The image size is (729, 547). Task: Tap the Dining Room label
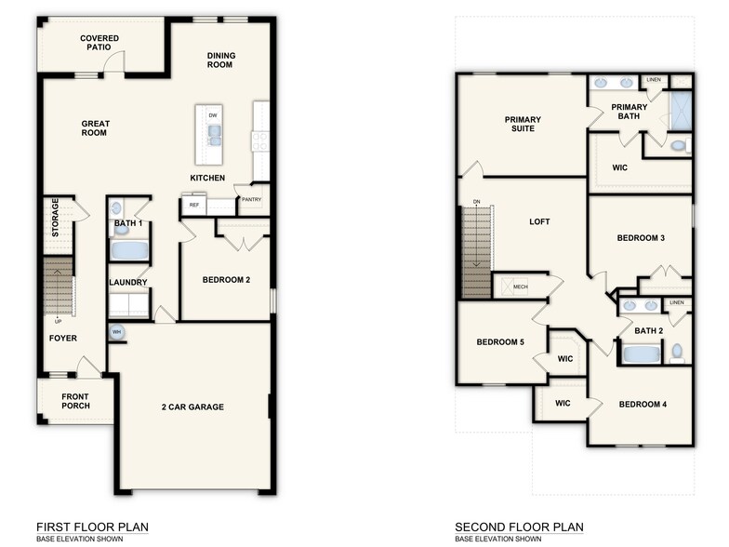tap(220, 60)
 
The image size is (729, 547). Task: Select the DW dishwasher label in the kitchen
tap(213, 115)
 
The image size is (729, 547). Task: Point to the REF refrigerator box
tap(194, 205)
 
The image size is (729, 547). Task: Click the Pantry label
tap(251, 199)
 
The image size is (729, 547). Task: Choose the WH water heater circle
tap(117, 331)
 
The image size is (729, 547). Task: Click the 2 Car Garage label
tap(193, 407)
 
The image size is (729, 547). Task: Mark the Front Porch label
tap(75, 402)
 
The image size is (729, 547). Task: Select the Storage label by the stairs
tap(56, 217)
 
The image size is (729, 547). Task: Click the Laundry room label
tap(127, 283)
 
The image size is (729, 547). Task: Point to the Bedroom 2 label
tap(226, 280)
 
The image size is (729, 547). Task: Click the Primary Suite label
tap(523, 124)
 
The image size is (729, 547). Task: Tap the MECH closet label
tap(520, 287)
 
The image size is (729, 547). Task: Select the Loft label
tap(540, 221)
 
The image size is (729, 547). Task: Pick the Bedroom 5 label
tap(500, 342)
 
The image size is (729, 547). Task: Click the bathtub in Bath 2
tap(640, 354)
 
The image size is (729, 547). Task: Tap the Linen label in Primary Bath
tap(654, 80)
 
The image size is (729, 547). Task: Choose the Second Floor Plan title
tap(519, 527)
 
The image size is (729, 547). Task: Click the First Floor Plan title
tap(91, 527)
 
